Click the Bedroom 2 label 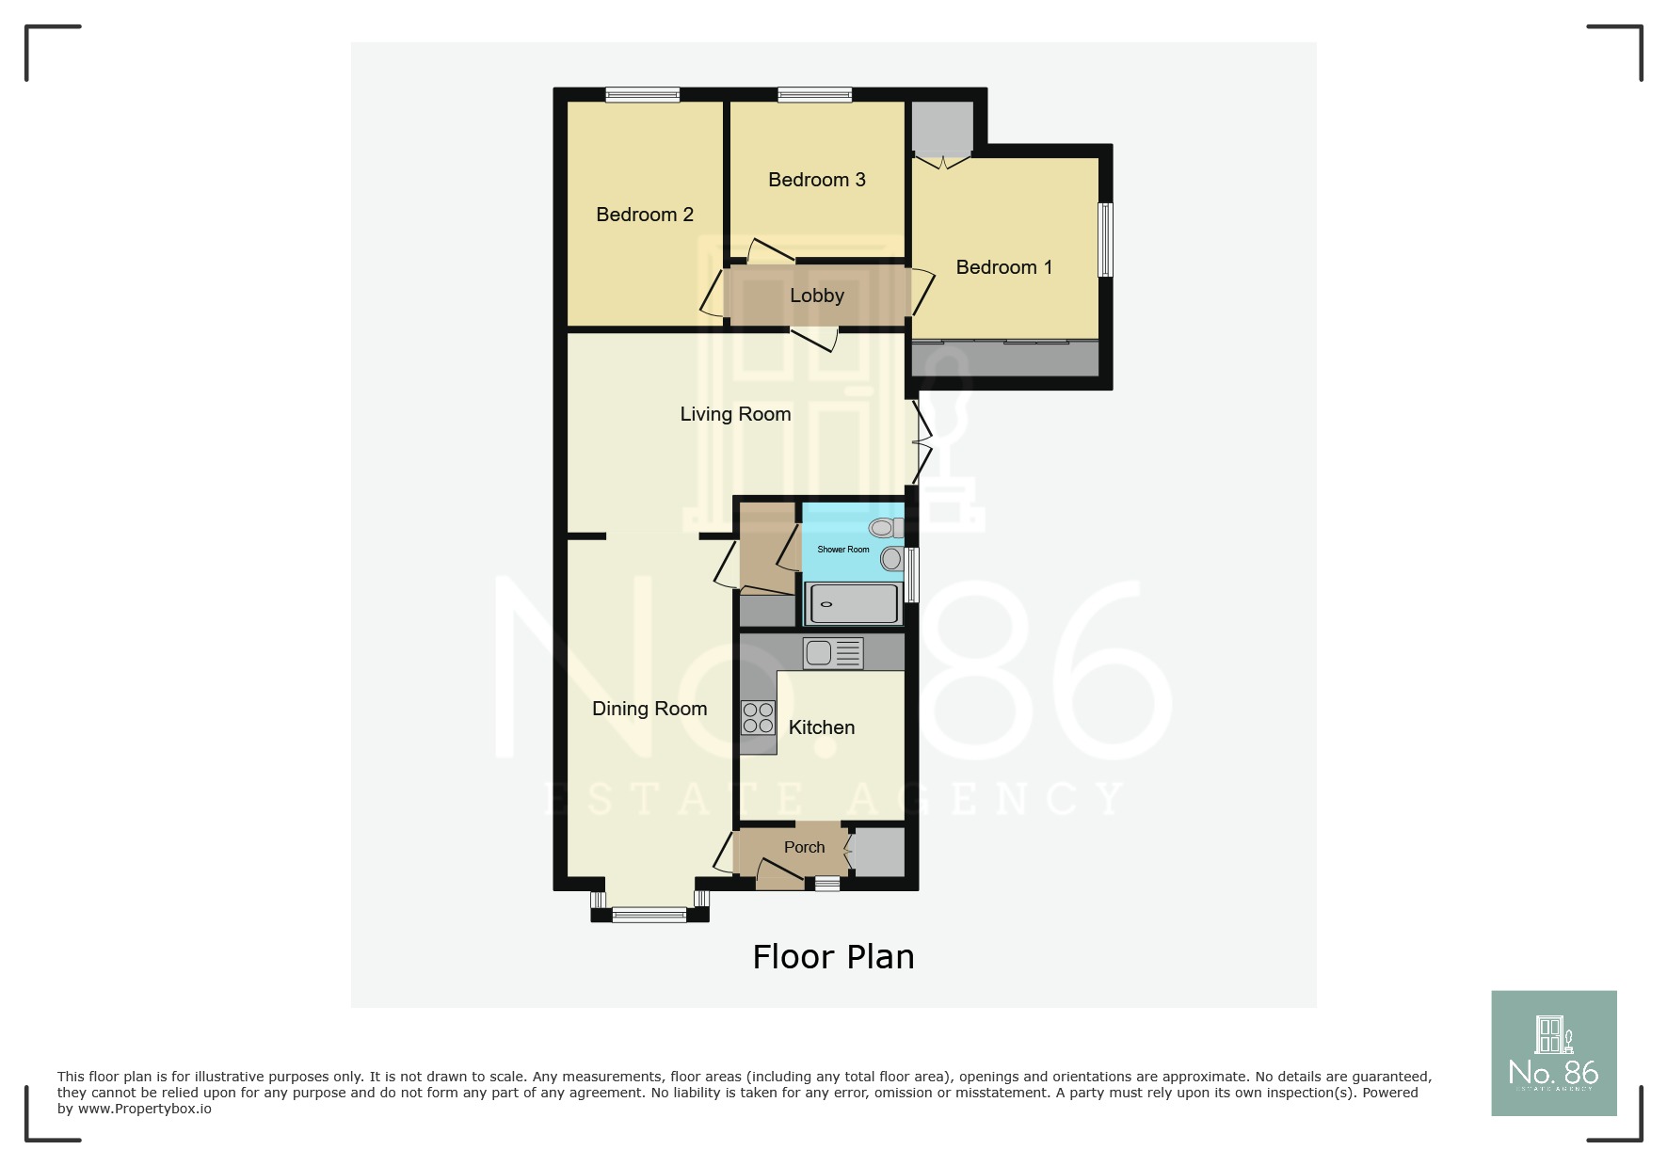(645, 215)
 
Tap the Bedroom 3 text (816, 180)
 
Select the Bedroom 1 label (1003, 267)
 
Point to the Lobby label (816, 295)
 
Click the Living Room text (735, 414)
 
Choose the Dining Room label (649, 709)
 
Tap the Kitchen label (821, 727)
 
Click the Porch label (804, 847)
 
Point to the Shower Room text (842, 550)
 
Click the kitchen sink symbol (833, 653)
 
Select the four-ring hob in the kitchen (758, 718)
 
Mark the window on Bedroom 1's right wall (1106, 240)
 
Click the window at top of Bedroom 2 (642, 94)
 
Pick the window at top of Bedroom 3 (814, 94)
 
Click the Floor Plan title (833, 957)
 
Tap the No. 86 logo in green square (1553, 1053)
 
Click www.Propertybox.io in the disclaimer (144, 1109)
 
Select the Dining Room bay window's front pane (649, 914)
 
